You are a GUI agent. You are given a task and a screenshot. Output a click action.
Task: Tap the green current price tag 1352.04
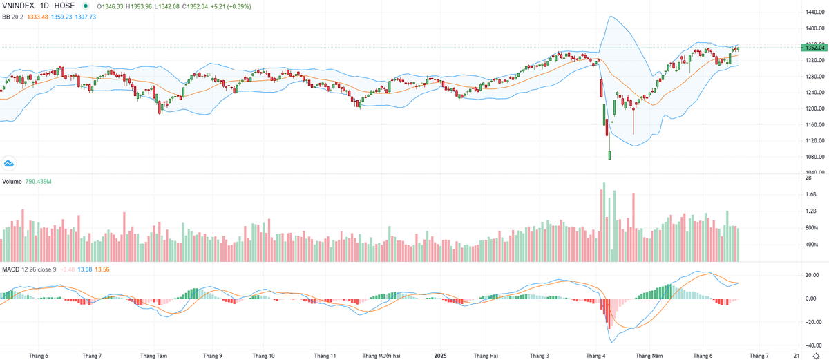[813, 47]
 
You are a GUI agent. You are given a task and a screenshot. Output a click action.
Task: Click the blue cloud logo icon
[9, 164]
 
